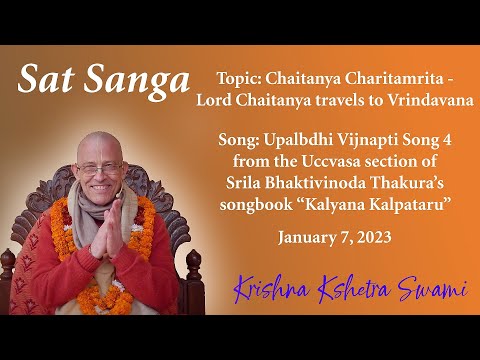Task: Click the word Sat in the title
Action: pyautogui.click(x=48, y=78)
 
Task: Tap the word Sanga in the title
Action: pyautogui.click(x=132, y=80)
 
